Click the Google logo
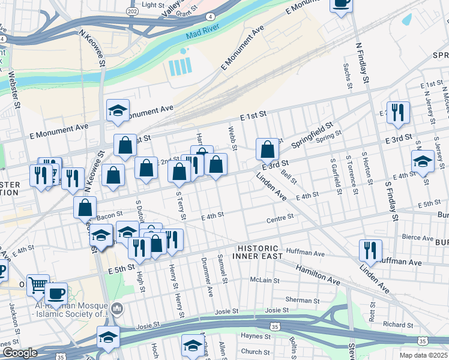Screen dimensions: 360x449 click(x=20, y=353)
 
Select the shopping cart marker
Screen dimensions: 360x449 click(x=38, y=284)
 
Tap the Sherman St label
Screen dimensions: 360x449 click(x=298, y=299)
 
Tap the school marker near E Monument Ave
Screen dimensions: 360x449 click(x=118, y=110)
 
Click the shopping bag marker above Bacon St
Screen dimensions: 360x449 click(x=85, y=208)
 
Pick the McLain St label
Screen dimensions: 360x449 click(x=262, y=280)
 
